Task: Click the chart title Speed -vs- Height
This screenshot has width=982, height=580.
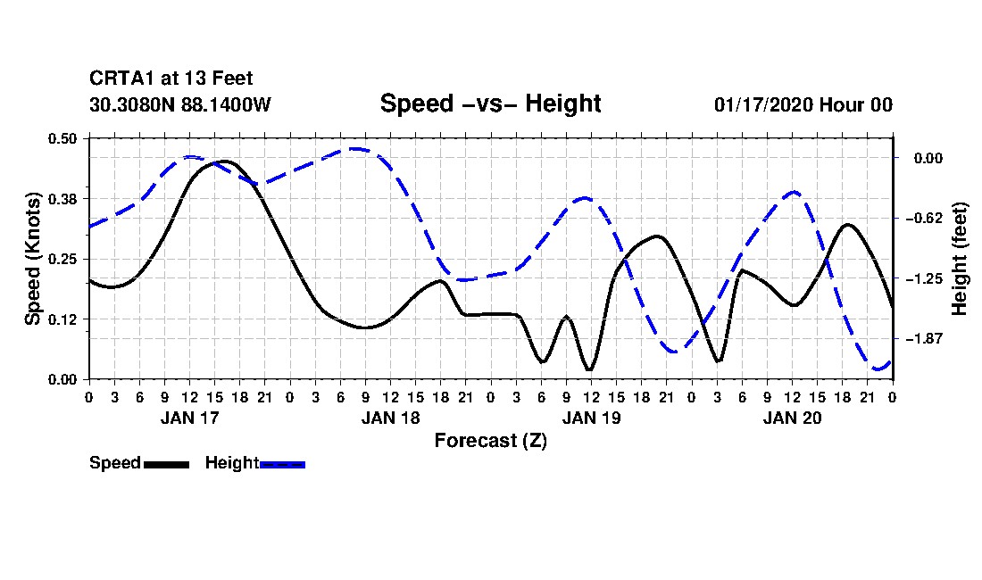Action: tap(490, 104)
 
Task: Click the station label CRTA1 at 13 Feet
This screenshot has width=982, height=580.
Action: tap(171, 79)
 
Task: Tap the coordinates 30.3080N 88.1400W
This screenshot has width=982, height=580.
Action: tap(180, 104)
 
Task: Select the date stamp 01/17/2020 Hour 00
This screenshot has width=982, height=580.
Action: tap(803, 104)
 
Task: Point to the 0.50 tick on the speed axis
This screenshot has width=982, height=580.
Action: tap(62, 138)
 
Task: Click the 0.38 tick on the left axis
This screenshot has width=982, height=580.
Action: tap(62, 199)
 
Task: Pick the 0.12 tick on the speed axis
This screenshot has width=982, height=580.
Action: tap(62, 319)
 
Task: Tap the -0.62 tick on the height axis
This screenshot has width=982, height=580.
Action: tap(924, 219)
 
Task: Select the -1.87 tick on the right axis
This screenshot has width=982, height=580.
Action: tap(924, 339)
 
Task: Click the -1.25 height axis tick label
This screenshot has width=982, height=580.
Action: tap(924, 278)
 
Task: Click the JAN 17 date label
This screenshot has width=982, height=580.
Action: tap(190, 418)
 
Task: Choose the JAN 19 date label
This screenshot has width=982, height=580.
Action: tap(591, 418)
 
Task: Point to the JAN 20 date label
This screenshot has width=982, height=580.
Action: tap(792, 418)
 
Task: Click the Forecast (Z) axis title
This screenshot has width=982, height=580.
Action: tap(490, 441)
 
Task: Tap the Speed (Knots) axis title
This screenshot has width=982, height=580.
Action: tap(33, 259)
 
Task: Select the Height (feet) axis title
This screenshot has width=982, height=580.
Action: tap(959, 259)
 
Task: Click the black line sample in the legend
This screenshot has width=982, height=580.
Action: tap(167, 464)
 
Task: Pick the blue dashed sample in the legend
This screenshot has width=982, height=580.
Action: tap(282, 464)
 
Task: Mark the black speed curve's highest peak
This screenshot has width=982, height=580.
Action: tap(225, 162)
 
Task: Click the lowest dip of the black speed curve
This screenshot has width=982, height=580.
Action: tap(589, 369)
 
